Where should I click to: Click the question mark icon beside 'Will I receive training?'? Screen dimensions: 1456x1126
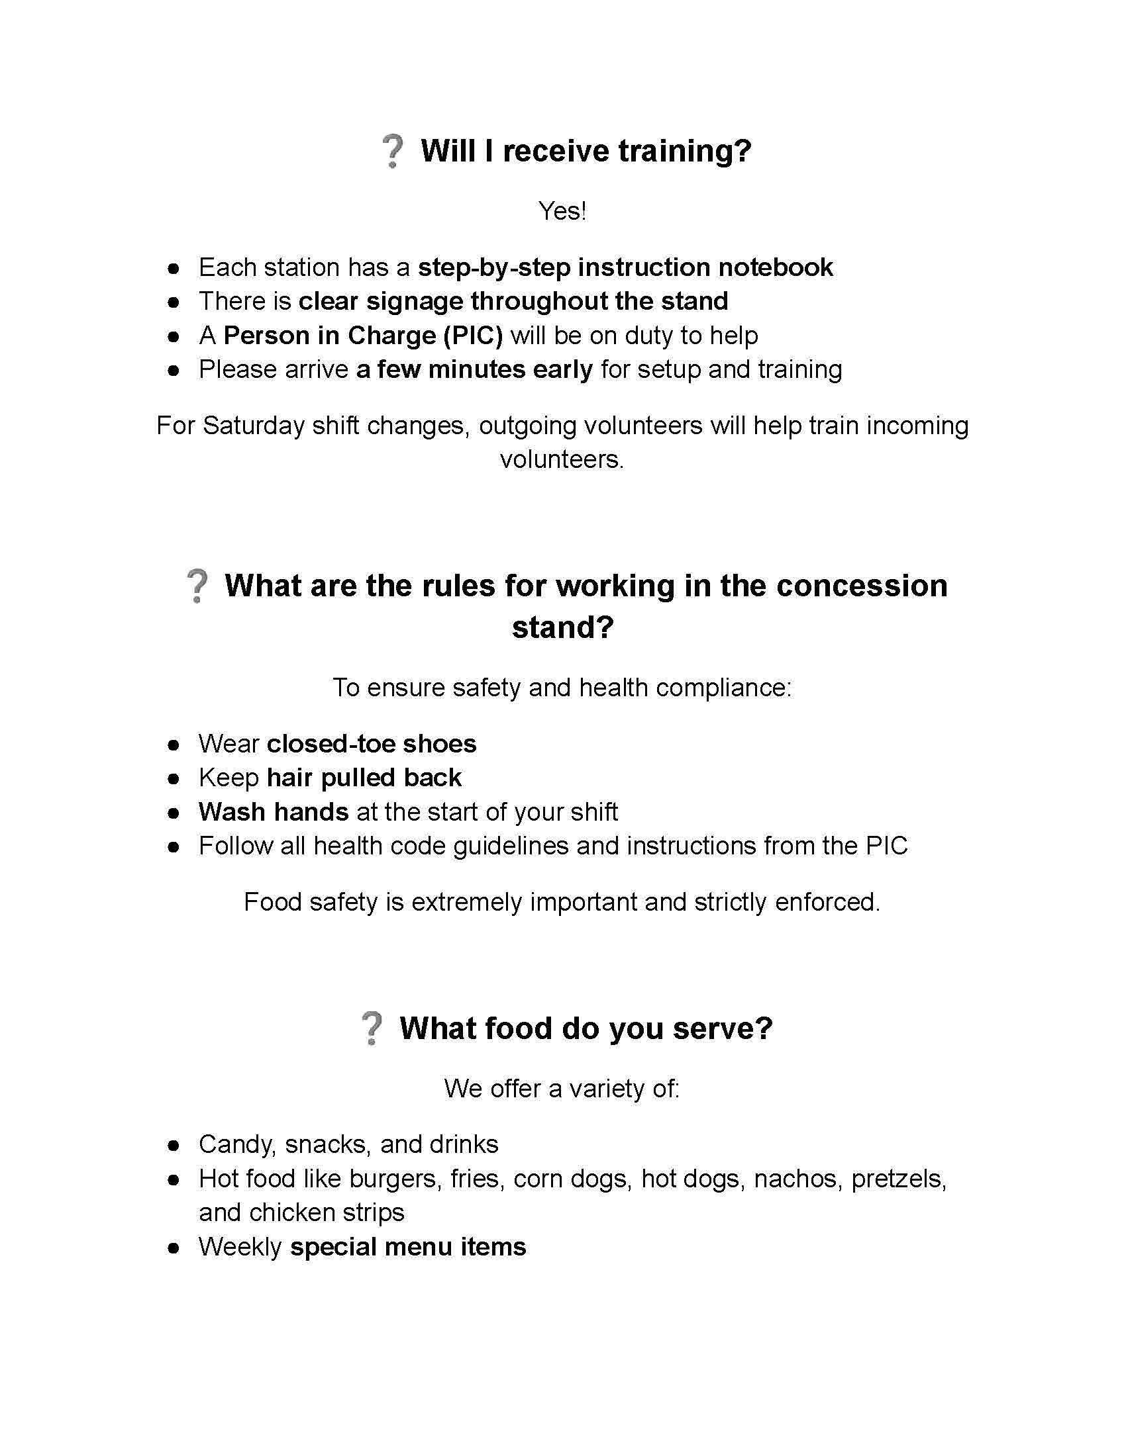(392, 152)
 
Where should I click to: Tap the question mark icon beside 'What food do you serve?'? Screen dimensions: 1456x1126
(372, 1028)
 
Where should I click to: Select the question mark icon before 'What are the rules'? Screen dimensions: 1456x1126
(197, 586)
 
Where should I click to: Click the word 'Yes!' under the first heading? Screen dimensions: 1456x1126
(562, 211)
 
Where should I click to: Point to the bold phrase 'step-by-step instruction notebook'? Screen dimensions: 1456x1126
(625, 267)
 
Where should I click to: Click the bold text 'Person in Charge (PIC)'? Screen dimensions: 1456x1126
(363, 336)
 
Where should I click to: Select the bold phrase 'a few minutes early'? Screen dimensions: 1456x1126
(474, 369)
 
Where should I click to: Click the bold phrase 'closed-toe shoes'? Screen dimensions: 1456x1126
(372, 744)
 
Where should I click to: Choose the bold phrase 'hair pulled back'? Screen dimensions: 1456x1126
(364, 778)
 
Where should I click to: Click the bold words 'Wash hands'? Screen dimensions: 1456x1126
(274, 812)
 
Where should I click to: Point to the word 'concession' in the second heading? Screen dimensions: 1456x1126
(862, 586)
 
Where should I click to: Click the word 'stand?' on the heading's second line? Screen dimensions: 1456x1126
(562, 627)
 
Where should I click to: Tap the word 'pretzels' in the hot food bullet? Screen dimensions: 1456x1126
(899, 1179)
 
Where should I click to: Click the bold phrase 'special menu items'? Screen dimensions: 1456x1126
(407, 1247)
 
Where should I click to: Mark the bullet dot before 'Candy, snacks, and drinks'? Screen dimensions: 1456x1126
(174, 1146)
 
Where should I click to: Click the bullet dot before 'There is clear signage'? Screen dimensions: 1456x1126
(174, 302)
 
